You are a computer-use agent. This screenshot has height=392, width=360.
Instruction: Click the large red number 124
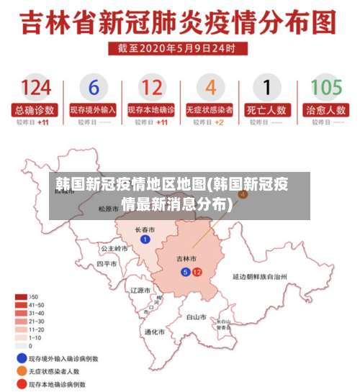coord(36,88)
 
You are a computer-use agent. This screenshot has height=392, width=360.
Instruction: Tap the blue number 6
coord(94,88)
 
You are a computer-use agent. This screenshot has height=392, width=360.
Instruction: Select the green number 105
coord(325,88)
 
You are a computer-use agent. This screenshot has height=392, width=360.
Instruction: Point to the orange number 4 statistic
coord(210,88)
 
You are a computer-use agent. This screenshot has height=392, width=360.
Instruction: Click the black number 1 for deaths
coord(267,88)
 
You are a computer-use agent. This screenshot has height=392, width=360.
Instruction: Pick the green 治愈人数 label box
coord(325,110)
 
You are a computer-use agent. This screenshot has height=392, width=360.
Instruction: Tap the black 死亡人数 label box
coord(267,110)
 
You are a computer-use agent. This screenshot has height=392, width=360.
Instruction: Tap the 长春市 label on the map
coord(145,229)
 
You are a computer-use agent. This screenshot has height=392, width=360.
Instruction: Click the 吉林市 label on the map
coord(186,257)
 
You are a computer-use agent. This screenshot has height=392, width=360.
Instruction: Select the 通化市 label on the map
coord(155,332)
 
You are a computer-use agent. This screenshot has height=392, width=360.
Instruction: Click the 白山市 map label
coord(196,316)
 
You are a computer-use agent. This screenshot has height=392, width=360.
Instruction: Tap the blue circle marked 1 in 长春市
coord(145,239)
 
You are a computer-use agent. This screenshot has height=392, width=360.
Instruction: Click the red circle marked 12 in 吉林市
coord(197,272)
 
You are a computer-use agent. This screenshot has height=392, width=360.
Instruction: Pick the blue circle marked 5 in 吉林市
coord(186,272)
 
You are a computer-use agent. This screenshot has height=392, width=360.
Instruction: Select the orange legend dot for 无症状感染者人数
coord(22,371)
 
